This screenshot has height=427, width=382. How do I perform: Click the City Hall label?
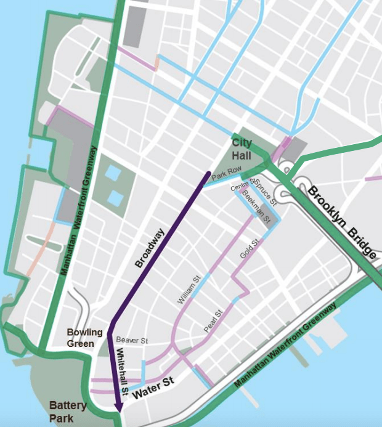(242, 148)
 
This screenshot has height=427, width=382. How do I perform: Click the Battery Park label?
(64, 412)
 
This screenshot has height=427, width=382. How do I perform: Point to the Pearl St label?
(213, 322)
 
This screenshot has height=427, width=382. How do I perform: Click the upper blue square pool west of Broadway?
(113, 173)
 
